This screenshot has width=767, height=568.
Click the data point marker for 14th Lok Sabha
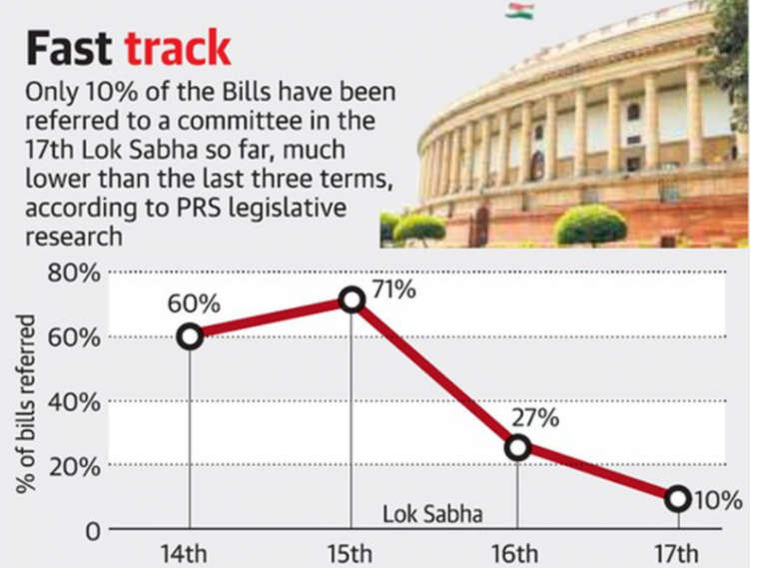[190, 336]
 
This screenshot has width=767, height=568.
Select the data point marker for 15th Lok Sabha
[351, 299]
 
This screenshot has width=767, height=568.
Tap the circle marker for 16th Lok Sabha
[517, 448]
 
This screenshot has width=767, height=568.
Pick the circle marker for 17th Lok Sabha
[678, 497]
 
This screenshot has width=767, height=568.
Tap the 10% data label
[718, 500]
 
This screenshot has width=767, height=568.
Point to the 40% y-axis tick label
[71, 401]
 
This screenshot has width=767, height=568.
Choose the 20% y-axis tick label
[71, 465]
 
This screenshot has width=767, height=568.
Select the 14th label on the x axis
[190, 552]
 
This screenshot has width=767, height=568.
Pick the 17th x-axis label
[678, 552]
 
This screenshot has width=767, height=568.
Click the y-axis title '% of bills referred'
[26, 404]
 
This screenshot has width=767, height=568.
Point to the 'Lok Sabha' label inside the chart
[432, 515]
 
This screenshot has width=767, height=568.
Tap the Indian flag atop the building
[519, 11]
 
